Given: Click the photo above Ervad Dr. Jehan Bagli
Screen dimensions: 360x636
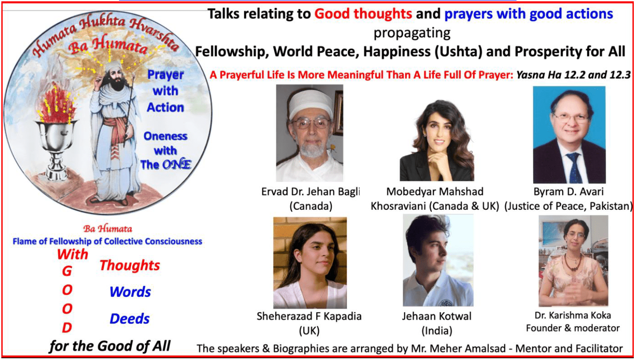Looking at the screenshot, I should pos(309,133).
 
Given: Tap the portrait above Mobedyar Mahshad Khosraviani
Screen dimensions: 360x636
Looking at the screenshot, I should pos(437,140).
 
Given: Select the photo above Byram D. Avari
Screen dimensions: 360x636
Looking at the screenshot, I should pos(569,135).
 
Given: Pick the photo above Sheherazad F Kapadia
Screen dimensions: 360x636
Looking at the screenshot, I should pos(310,263).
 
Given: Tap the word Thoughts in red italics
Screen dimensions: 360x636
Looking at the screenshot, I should pos(130,265).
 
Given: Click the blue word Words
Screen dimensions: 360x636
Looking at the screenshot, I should pos(130,292).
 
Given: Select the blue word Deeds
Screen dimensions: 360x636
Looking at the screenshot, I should pos(130,319).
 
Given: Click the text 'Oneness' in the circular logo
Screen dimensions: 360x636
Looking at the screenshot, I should pos(165,136).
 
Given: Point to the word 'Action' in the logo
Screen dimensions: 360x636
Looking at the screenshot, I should pos(165,108).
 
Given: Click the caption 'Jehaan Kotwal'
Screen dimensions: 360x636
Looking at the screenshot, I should pos(437,317).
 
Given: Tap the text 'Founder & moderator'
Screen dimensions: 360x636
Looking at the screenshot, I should pos(573,328).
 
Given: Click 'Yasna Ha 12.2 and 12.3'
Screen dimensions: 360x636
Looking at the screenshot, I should pos(574,75).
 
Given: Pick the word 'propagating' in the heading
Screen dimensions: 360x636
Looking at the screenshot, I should pos(412,33).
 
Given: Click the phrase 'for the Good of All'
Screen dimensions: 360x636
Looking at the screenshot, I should pos(110,346).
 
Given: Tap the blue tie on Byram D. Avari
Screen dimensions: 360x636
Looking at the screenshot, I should pos(574,167).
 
